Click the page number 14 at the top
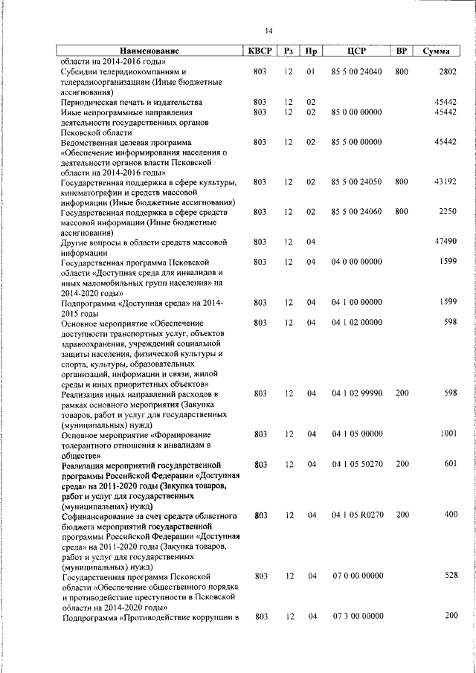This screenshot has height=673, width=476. click(x=268, y=30)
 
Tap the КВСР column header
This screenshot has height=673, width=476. click(x=260, y=51)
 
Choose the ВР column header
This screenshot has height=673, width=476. click(x=402, y=51)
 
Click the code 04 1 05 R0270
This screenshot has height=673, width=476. click(x=356, y=515)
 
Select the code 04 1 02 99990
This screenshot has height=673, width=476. click(x=356, y=393)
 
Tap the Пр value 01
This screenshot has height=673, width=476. click(x=311, y=71)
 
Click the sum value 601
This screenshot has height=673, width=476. click(x=449, y=464)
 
